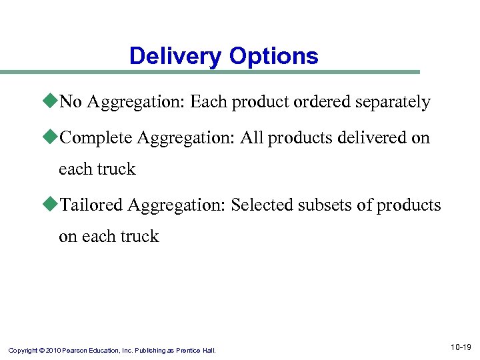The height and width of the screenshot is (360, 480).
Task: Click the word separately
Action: click(x=393, y=102)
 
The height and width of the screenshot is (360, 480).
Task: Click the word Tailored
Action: click(x=91, y=205)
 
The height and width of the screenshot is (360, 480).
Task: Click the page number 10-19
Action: click(x=460, y=347)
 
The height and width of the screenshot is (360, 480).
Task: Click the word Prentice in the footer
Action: click(x=190, y=349)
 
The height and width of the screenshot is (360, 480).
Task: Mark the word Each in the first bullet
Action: click(x=207, y=102)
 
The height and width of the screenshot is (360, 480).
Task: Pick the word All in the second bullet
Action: click(x=252, y=138)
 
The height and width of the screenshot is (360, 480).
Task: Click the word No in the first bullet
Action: click(x=71, y=102)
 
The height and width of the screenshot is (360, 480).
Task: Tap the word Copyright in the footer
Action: click(x=24, y=349)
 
